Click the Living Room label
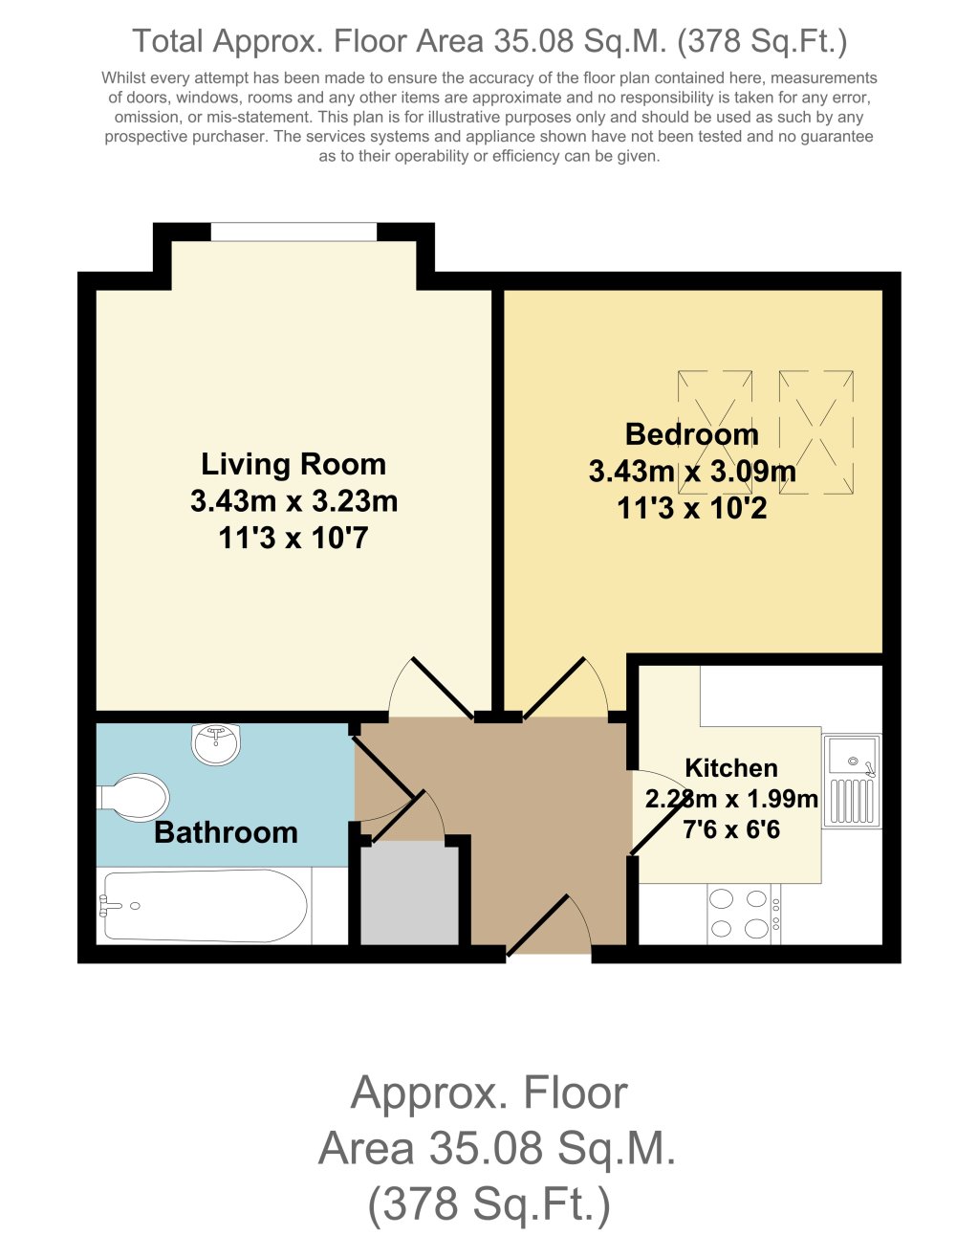click(293, 465)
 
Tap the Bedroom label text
click(691, 434)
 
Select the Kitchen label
click(731, 768)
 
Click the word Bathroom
click(226, 832)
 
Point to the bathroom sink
click(216, 743)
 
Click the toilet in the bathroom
click(135, 797)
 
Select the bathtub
click(205, 906)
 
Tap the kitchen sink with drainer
click(851, 780)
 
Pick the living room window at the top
click(293, 232)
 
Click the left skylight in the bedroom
click(715, 432)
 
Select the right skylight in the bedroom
click(815, 432)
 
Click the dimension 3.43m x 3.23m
click(293, 501)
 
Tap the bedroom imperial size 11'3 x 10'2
click(691, 508)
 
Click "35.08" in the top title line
click(533, 41)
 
